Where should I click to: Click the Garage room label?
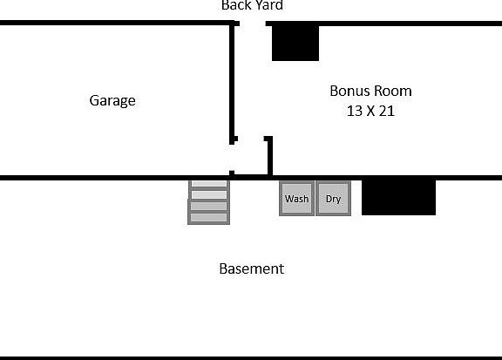tap(112, 100)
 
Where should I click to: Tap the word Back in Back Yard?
tap(235, 5)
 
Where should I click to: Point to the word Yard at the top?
tap(268, 5)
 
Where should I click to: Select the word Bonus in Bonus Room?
tap(349, 91)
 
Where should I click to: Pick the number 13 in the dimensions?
tap(354, 111)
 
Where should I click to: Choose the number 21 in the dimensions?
tap(388, 111)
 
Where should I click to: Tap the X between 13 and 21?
tap(371, 111)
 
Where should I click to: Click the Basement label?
tap(251, 268)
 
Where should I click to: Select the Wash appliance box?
tap(296, 199)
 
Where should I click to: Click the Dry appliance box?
tap(333, 199)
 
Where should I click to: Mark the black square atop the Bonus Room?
tap(295, 42)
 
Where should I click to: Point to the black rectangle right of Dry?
tap(398, 197)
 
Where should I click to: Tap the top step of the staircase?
tap(209, 185)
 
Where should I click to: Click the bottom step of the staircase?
tap(208, 217)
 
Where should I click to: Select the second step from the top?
tap(209, 195)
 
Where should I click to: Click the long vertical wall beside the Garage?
tap(233, 83)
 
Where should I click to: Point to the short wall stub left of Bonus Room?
tap(269, 155)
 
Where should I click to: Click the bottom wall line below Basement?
tap(251, 357)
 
